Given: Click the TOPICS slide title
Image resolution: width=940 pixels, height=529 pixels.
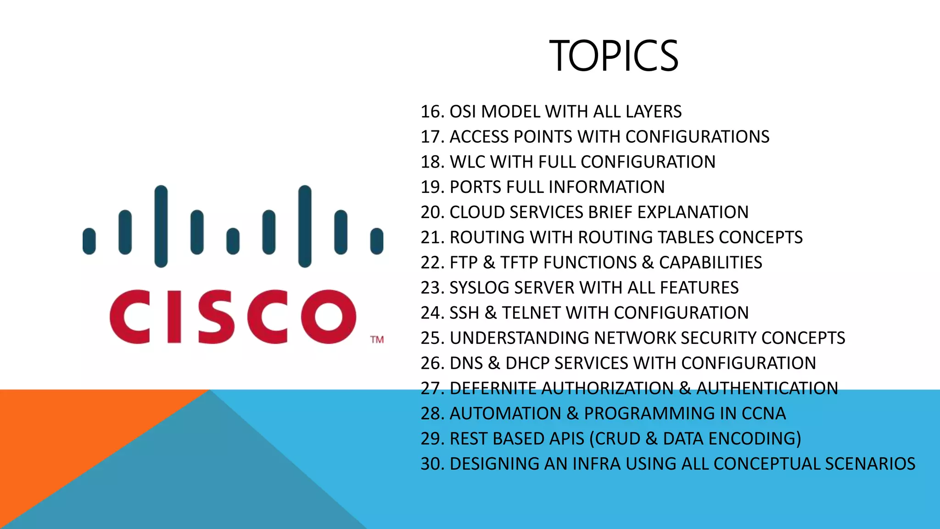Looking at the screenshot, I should pos(614,56).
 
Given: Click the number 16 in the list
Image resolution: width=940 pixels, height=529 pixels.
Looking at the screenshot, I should pos(431,112).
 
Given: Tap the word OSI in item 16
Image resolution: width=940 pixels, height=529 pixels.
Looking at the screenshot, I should pos(463,112).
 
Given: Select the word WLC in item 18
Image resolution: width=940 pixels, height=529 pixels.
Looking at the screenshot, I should pos(467,162).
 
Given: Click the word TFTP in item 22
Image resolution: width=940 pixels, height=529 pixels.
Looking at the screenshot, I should pos(520,263).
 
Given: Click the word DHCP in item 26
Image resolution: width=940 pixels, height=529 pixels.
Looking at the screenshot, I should pos(527,363).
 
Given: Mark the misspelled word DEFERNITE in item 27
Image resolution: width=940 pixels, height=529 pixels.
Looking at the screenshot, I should pos(493,388).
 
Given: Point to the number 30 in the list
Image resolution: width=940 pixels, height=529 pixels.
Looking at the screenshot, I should pos(431,464).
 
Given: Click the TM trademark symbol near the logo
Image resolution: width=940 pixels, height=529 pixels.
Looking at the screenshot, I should pos(377,340).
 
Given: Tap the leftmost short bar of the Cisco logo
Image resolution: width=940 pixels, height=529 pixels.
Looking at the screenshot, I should pos(89,241).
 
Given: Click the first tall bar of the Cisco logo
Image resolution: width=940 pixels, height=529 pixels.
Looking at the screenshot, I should pos(161,226).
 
